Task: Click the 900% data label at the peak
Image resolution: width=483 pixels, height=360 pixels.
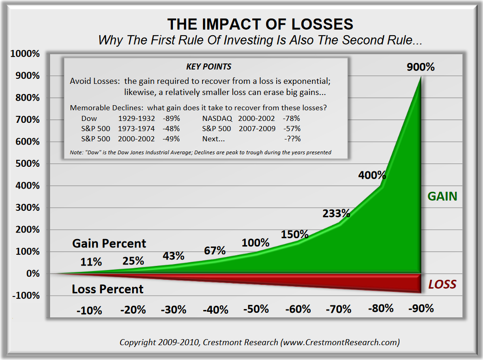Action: (421, 67)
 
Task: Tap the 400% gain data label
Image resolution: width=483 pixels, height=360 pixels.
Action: (372, 176)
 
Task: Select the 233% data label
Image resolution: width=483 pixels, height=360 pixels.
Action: (336, 214)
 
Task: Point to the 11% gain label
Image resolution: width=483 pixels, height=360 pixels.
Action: (91, 262)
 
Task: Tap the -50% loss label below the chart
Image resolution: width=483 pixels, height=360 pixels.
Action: (257, 309)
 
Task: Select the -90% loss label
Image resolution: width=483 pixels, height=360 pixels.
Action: (421, 308)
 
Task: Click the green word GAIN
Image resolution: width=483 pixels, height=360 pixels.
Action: (442, 196)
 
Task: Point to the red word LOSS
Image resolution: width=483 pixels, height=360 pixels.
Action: (442, 284)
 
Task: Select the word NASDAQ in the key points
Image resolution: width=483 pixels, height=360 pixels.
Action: (217, 119)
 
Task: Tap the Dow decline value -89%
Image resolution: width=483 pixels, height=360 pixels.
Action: (171, 119)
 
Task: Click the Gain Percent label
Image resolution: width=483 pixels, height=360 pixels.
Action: (109, 243)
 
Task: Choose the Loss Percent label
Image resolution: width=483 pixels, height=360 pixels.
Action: (108, 290)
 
